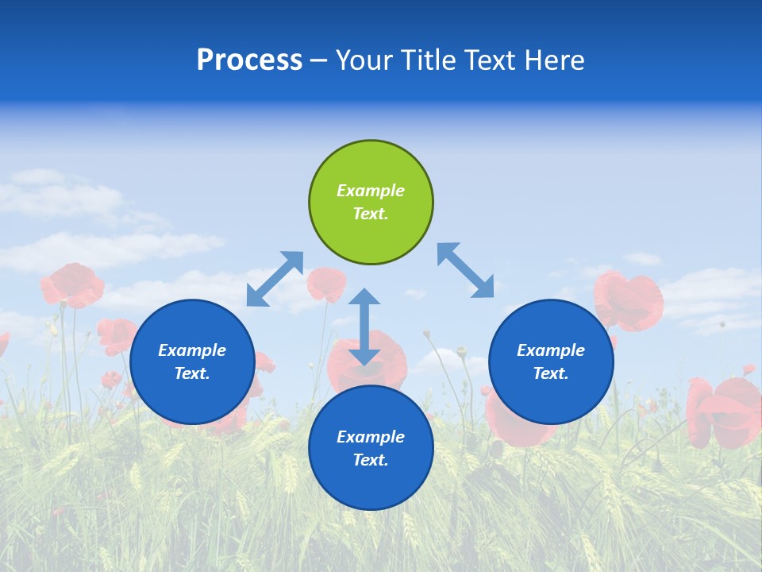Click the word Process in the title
pyautogui.click(x=249, y=60)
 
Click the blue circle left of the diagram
pyautogui.click(x=192, y=361)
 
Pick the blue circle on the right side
pyautogui.click(x=551, y=361)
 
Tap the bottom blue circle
pyautogui.click(x=371, y=448)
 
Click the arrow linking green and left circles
pyautogui.click(x=275, y=279)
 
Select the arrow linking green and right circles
pyautogui.click(x=466, y=270)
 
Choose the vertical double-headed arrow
pyautogui.click(x=364, y=327)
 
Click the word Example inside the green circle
pyautogui.click(x=371, y=191)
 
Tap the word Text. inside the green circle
pyautogui.click(x=371, y=214)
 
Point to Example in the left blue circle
pyautogui.click(x=192, y=350)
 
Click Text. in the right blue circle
pyautogui.click(x=551, y=373)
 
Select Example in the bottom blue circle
pyautogui.click(x=371, y=437)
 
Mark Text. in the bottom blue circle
pyautogui.click(x=371, y=460)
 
